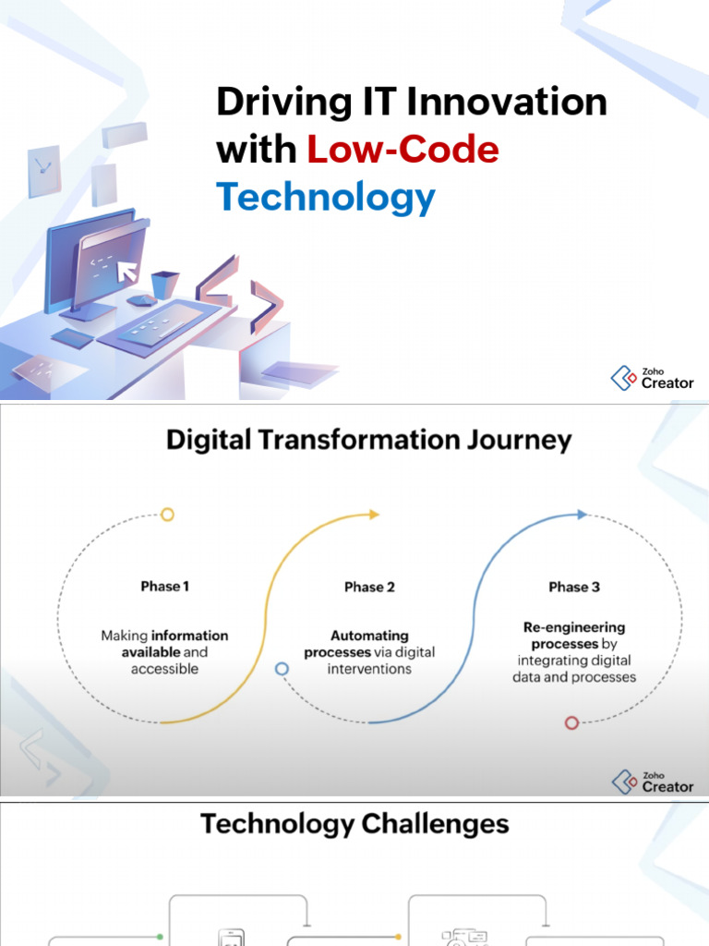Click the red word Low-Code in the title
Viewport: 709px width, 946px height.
pos(403,150)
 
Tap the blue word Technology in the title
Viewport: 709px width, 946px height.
pos(325,197)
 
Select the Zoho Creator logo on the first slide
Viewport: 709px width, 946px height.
pos(652,377)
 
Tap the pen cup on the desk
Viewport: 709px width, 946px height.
pos(164,283)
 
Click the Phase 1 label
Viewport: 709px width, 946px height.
pos(165,586)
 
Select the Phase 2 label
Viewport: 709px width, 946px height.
pos(369,587)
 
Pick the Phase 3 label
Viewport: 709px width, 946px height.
pos(574,587)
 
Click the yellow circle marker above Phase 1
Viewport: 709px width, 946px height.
pos(167,515)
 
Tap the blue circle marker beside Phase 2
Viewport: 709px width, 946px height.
pos(282,668)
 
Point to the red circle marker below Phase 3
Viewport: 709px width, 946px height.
pos(571,722)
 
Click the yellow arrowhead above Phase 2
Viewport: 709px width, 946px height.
pos(374,515)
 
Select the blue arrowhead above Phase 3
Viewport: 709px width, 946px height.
pos(583,515)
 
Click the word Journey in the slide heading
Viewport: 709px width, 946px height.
pos(517,440)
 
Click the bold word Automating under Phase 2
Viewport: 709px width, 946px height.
pos(369,636)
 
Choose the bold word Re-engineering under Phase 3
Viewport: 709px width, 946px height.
pos(574,627)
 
